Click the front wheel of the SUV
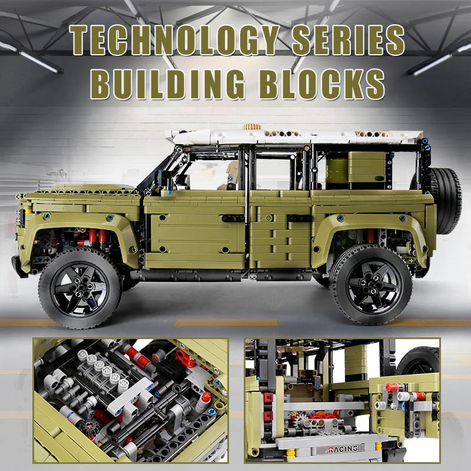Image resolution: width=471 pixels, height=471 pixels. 79,288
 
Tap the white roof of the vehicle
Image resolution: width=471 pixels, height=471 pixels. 294,137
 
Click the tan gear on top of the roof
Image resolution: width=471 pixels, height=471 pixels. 251,127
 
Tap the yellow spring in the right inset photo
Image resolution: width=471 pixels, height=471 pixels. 291,453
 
